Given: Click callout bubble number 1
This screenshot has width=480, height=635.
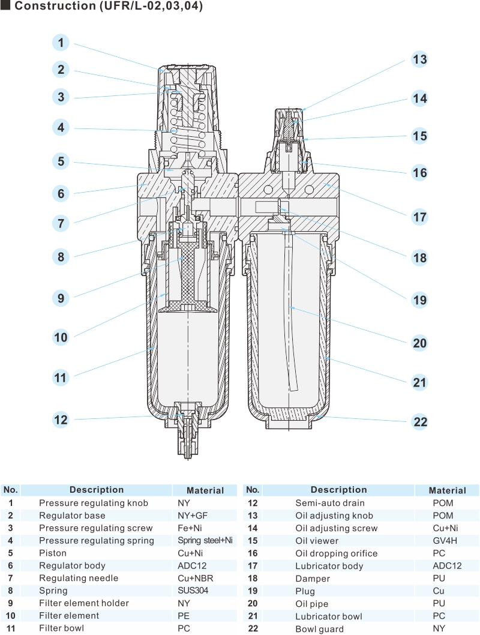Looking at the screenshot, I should tap(61, 43).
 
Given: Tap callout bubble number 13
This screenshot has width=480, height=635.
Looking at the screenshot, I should tap(419, 59).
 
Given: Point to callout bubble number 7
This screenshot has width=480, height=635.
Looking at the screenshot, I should tap(61, 224).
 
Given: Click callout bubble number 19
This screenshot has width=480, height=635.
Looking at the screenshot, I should tap(420, 299).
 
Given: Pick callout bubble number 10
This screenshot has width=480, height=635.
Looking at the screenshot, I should tap(61, 337).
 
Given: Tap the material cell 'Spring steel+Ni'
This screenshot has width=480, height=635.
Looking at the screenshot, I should tap(205, 541).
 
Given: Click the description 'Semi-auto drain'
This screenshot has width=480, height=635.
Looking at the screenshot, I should tap(329, 503).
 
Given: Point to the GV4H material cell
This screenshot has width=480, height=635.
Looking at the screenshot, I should tap(443, 541).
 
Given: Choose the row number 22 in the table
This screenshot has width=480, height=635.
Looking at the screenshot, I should tap(253, 628).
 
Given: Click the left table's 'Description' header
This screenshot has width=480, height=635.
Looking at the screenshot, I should tap(97, 490).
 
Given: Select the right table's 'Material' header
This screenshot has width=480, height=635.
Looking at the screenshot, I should tap(447, 490).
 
